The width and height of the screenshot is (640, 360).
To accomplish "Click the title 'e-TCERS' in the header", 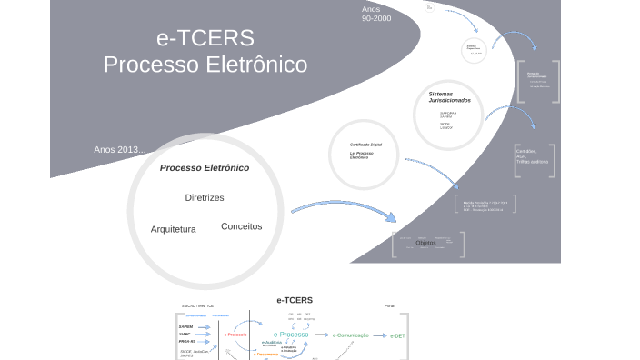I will (205, 38).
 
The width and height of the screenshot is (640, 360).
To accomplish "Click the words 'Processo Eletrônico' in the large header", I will (205, 65).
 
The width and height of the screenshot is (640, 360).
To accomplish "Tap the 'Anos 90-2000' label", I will (375, 14).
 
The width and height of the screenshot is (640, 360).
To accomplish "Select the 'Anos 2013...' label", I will (119, 149).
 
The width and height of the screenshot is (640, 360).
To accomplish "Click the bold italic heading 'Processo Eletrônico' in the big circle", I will (205, 168).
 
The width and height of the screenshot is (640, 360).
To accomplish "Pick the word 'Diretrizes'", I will (205, 197).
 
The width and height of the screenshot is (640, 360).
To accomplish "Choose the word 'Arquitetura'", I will (173, 229).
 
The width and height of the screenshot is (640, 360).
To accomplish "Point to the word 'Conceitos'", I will (241, 225).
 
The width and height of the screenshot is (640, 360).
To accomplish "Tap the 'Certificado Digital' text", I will (365, 145).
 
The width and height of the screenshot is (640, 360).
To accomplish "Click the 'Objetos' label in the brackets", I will (425, 243).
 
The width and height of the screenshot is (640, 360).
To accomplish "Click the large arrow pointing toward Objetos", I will (345, 215).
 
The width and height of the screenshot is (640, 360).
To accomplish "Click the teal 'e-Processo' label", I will (291, 335).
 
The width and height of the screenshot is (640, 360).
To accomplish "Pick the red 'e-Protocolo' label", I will (235, 335).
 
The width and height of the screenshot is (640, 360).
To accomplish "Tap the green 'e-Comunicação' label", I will (350, 335).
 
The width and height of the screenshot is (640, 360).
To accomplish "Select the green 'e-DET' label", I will (397, 335).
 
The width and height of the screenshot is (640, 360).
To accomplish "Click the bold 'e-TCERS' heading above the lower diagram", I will (295, 300).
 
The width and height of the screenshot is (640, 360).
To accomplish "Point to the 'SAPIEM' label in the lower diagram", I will (186, 325).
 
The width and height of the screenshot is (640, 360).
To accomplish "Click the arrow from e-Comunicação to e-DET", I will (379, 335).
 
